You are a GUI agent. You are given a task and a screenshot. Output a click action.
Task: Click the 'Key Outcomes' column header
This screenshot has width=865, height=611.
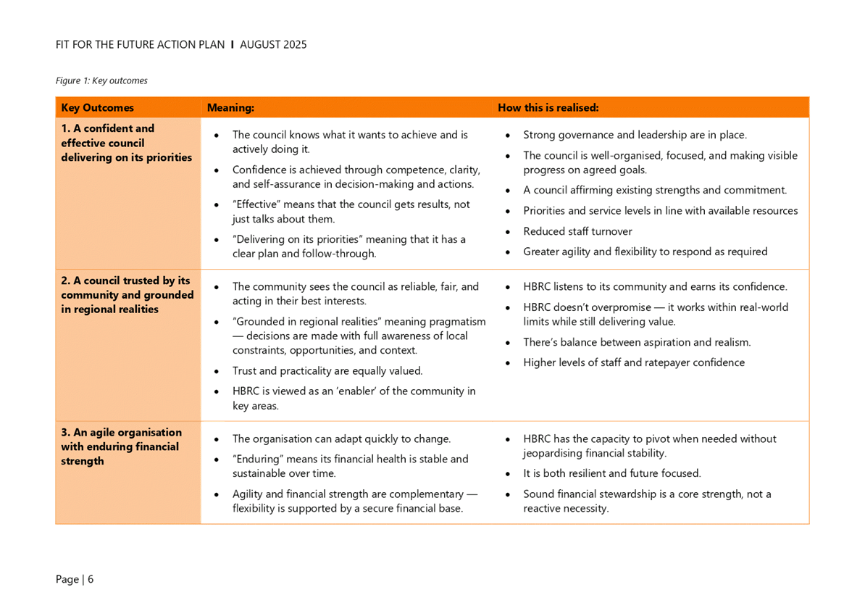97,108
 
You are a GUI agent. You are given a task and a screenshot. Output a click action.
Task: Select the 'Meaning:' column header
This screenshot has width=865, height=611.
230,108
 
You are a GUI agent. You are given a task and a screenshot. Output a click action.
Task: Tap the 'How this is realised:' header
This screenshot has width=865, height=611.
548,108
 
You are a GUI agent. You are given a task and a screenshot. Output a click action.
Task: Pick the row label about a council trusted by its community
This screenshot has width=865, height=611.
127,295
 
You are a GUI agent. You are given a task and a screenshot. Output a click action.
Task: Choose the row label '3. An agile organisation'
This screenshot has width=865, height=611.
120,446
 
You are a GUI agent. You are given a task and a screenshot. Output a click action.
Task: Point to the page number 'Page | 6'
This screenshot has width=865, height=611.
75,579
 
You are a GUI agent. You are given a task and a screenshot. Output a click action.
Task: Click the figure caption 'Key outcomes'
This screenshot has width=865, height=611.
102,80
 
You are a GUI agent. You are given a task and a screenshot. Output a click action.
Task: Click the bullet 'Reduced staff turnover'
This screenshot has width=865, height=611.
577,232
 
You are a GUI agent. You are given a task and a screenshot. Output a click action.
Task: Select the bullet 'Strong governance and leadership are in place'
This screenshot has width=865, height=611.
635,136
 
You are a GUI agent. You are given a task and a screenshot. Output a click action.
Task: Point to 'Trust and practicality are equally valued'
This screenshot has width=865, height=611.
327,371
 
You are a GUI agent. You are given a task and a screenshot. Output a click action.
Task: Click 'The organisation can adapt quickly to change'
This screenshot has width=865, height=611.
341,439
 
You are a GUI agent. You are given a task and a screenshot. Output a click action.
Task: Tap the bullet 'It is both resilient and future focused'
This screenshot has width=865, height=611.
611,474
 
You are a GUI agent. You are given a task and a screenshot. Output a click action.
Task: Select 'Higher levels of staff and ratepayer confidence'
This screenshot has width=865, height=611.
635,363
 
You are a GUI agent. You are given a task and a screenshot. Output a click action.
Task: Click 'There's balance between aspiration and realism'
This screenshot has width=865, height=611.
637,343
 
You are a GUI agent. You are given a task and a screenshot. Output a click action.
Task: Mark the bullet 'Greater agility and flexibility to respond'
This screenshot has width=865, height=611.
645,252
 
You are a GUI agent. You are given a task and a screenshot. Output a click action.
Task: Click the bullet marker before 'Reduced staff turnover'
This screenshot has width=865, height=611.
509,232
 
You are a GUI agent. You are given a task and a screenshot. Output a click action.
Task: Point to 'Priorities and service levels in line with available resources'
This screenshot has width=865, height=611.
661,212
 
